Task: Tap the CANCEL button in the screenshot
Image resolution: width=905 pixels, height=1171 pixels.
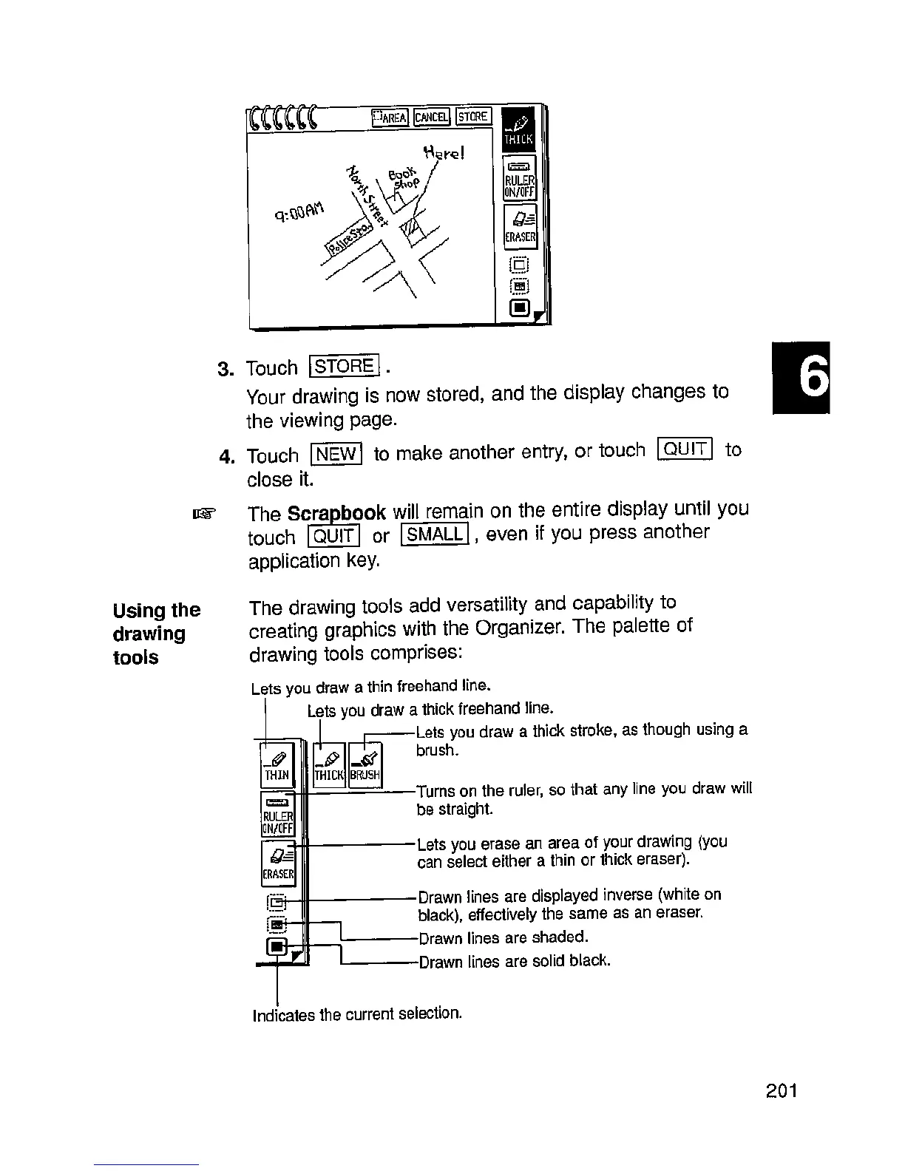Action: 431,117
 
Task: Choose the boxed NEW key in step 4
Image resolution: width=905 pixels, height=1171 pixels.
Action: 336,453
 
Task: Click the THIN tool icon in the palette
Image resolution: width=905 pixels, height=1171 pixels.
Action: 277,764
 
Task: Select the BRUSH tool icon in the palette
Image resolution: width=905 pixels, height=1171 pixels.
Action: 365,764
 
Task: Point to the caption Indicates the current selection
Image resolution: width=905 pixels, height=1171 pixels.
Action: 357,1014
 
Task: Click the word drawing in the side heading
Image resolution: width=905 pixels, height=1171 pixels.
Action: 149,634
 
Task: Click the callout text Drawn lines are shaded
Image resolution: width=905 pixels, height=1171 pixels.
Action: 503,938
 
